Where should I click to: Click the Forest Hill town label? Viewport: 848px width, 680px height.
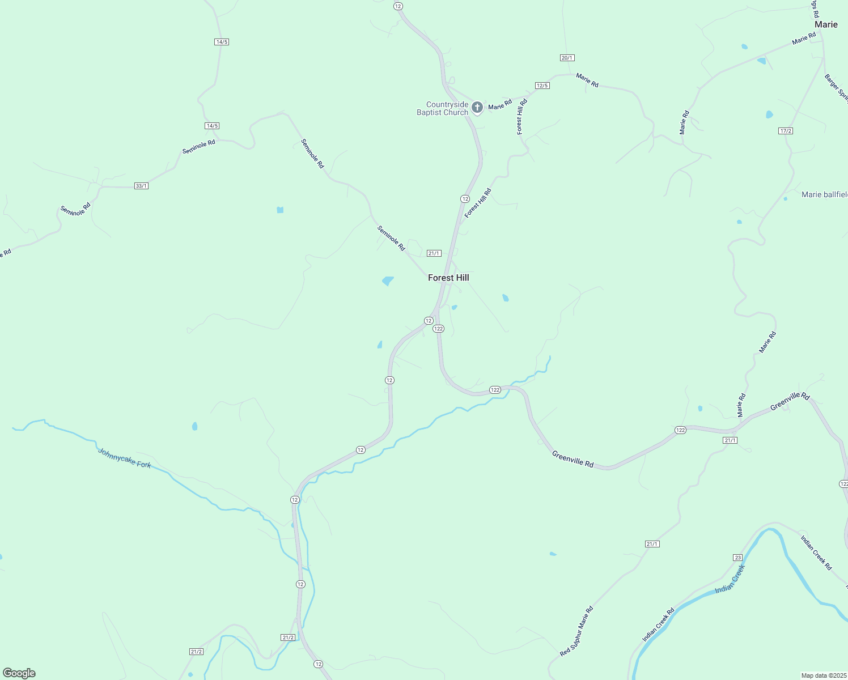click(448, 278)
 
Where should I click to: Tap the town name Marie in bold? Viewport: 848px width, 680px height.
click(826, 24)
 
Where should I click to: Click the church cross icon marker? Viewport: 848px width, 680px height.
click(477, 107)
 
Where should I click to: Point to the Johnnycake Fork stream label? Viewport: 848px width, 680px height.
click(125, 458)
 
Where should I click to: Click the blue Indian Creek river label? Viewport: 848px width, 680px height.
click(730, 579)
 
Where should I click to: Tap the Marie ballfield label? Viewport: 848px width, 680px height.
click(825, 194)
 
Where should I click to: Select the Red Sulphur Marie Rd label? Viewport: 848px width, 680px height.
click(576, 631)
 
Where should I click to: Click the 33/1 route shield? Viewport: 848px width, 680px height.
click(141, 186)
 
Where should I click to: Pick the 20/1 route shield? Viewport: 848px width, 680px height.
click(567, 58)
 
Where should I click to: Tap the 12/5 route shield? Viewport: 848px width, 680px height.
click(542, 86)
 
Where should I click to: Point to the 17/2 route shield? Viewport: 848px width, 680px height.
click(786, 131)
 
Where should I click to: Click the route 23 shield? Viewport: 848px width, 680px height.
click(737, 558)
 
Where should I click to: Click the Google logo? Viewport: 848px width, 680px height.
click(19, 673)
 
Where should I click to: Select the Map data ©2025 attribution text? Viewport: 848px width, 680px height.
click(824, 675)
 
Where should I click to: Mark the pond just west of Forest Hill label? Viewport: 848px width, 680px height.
click(388, 280)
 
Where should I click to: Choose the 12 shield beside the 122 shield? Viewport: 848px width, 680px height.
click(429, 321)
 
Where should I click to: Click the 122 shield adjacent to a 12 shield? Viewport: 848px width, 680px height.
click(438, 329)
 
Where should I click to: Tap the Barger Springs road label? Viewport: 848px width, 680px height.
click(837, 88)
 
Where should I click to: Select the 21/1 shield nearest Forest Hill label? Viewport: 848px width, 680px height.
click(434, 253)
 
